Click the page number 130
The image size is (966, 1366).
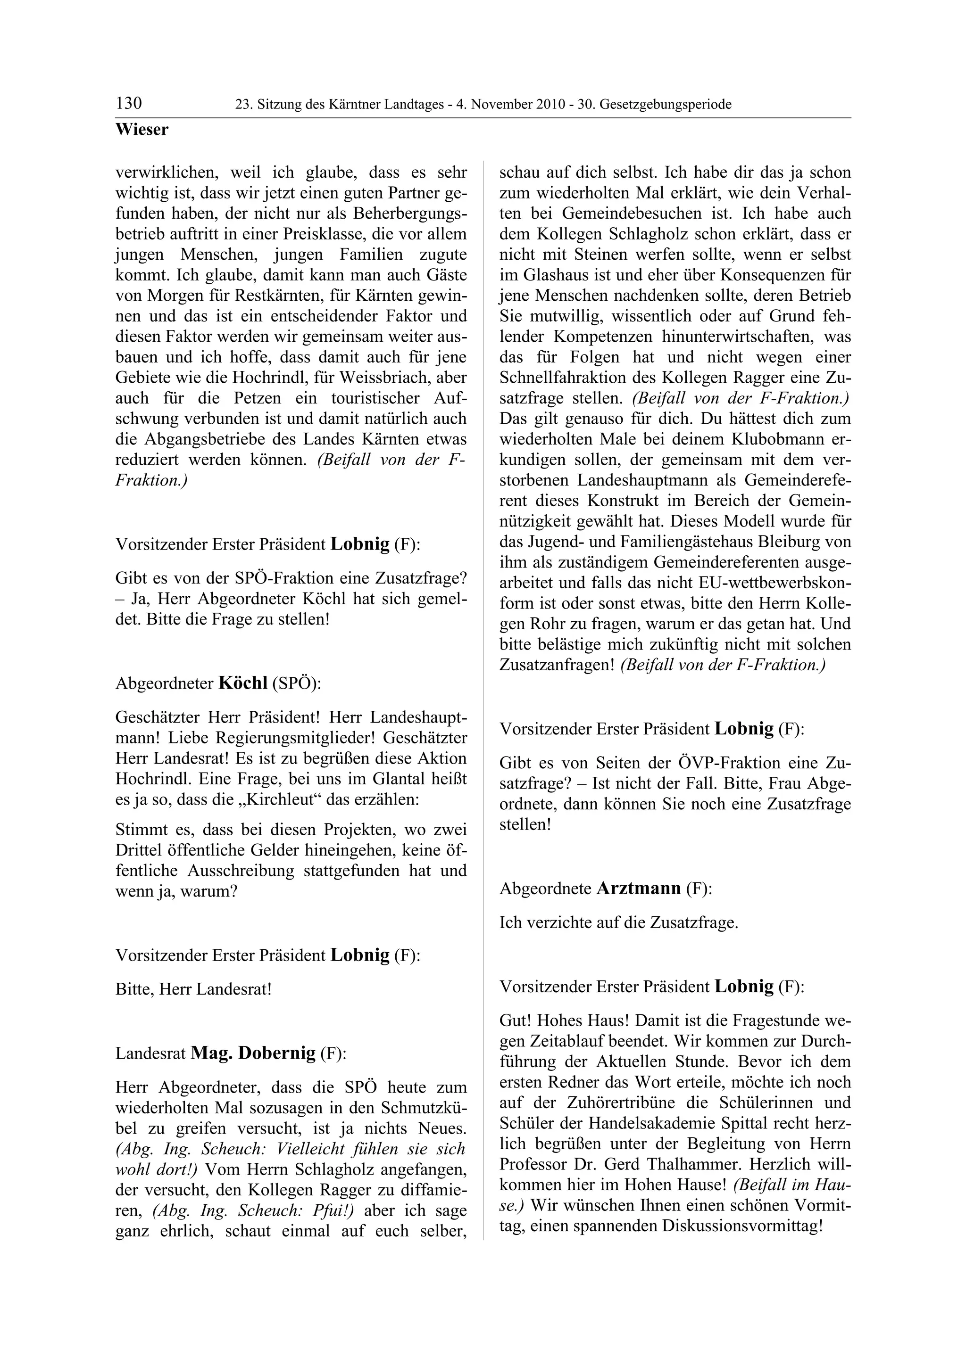pos(129,104)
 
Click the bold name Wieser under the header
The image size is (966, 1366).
pos(142,129)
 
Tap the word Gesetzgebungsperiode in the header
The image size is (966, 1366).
pos(666,105)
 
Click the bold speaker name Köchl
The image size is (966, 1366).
pos(243,683)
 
